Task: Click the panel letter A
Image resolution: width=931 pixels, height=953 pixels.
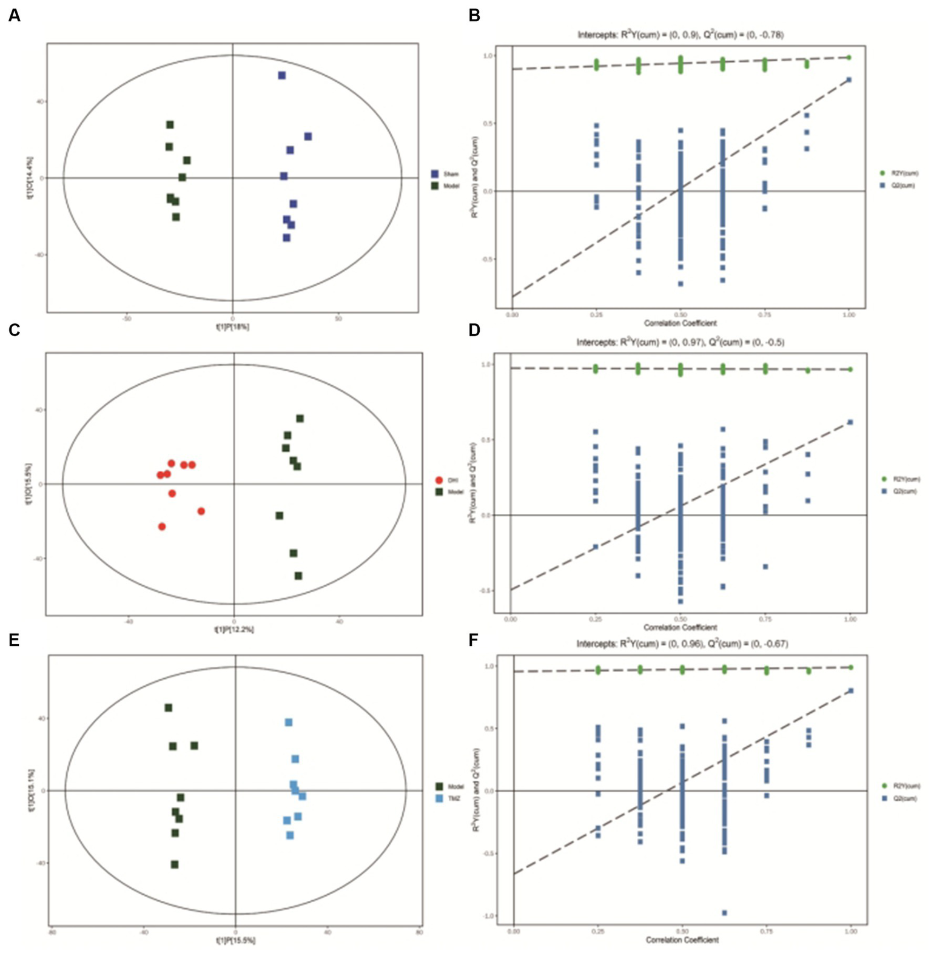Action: point(14,16)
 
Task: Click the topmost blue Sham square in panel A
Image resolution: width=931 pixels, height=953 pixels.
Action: point(281,75)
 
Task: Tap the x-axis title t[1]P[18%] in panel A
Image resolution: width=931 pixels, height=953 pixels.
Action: point(232,326)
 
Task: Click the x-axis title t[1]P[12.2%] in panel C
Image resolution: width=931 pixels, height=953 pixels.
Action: point(234,629)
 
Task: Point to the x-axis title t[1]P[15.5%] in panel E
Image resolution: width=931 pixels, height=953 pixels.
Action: point(235,940)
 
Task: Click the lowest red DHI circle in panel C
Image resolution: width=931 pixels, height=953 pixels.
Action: point(162,527)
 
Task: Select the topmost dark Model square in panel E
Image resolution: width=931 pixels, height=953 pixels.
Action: point(169,708)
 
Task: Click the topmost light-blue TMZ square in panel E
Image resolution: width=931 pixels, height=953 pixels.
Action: point(289,722)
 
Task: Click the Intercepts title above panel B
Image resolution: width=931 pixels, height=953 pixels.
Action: point(680,35)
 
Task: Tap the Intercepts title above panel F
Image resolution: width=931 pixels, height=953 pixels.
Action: point(682,644)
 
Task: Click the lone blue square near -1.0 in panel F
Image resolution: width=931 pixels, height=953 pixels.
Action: point(724,912)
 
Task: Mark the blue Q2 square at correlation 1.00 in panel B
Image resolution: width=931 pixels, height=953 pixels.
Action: point(849,79)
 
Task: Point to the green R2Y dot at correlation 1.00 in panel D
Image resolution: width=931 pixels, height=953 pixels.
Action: point(850,369)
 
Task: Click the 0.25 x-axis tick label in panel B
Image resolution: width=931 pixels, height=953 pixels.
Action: point(596,315)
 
